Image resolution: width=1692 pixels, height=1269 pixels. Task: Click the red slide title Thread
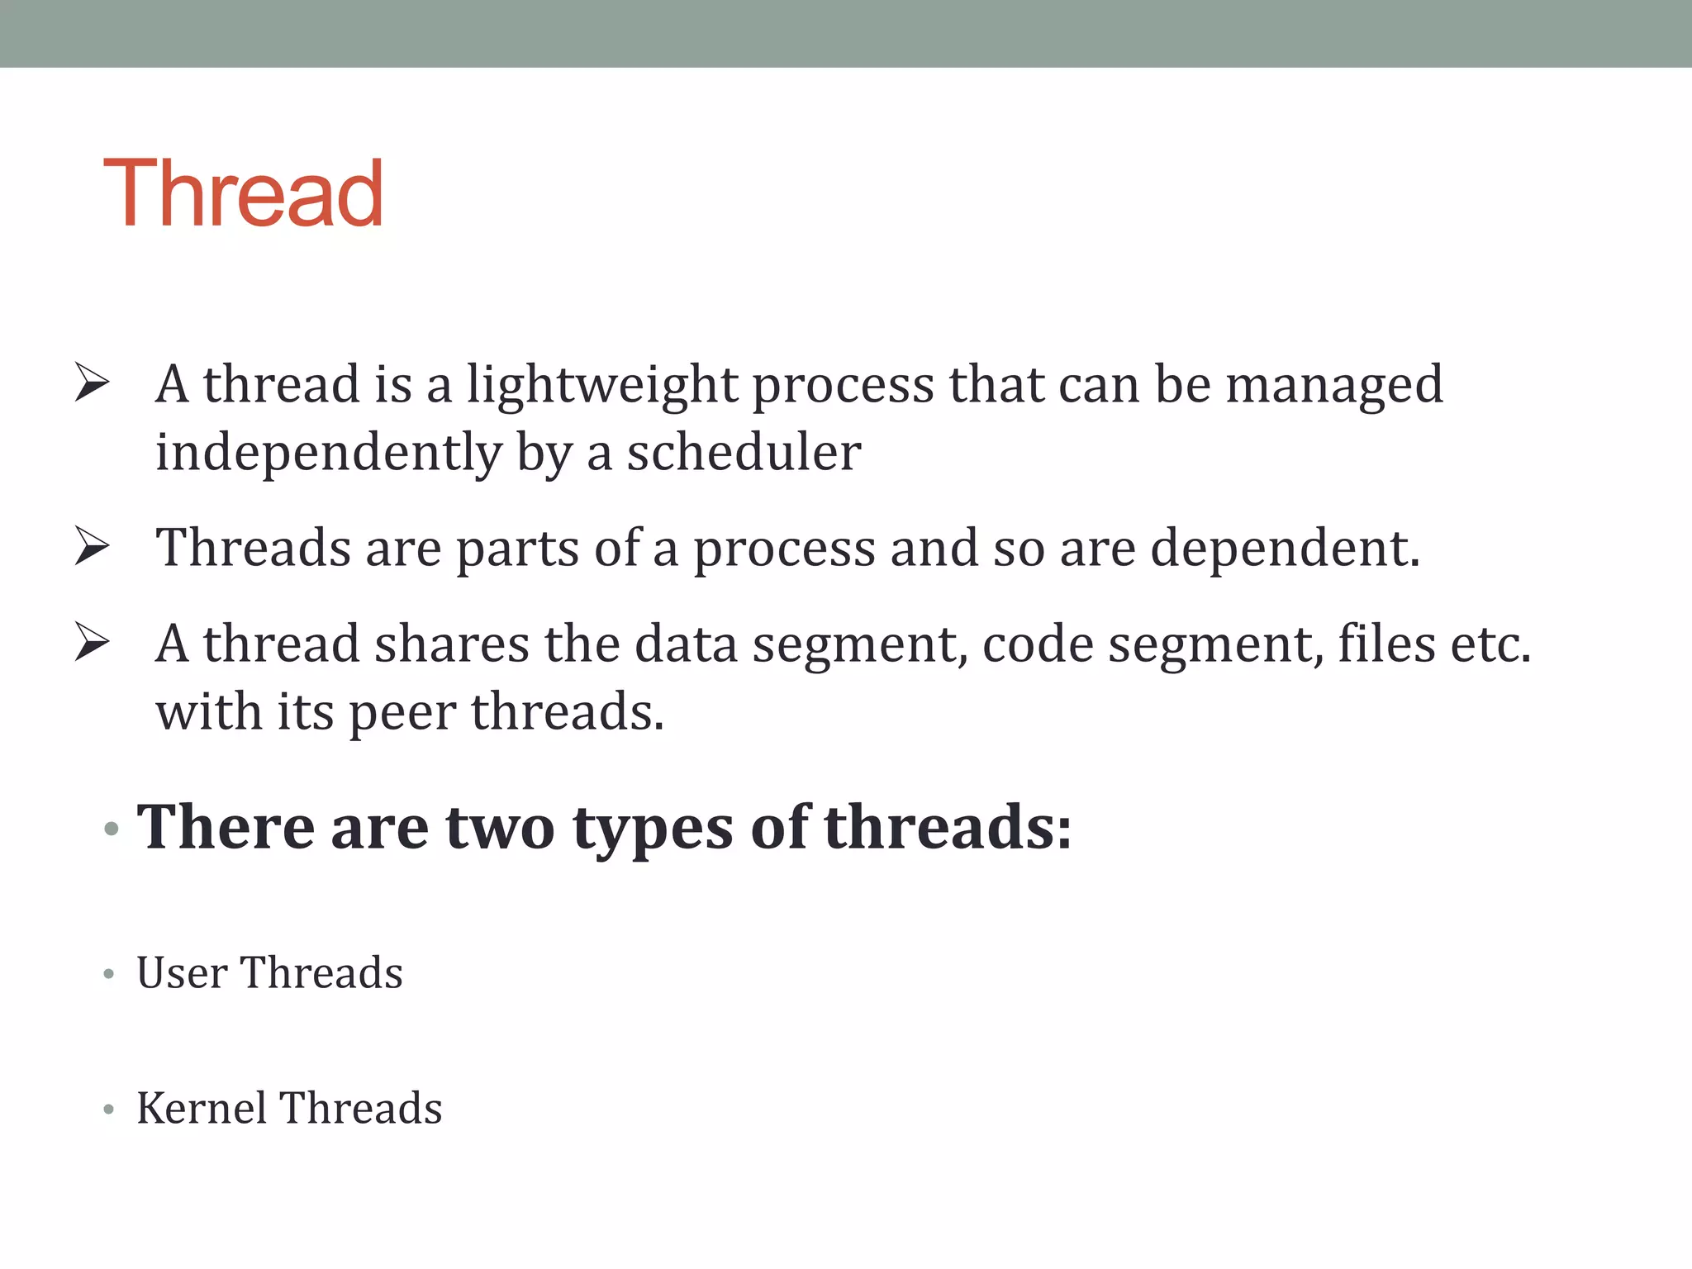(243, 193)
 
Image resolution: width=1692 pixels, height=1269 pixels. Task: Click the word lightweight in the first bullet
(602, 385)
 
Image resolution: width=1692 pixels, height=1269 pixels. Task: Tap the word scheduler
(744, 453)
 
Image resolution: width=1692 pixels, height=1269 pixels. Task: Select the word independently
(328, 453)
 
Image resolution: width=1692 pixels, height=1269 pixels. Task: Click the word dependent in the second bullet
(1284, 548)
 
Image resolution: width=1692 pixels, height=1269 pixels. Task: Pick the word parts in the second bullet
(517, 549)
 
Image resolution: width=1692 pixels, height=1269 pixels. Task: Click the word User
(182, 972)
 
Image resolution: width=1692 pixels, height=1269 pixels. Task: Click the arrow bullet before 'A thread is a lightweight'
(92, 383)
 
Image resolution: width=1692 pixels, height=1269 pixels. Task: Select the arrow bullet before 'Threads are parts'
(92, 546)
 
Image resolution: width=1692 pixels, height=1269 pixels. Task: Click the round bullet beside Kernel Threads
(109, 1110)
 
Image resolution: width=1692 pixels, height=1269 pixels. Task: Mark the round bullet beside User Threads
(109, 975)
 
